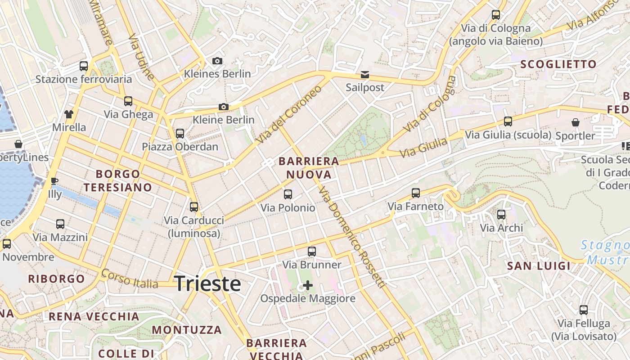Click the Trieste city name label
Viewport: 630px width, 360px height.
[207, 284]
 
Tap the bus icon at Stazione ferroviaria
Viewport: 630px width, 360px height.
[84, 66]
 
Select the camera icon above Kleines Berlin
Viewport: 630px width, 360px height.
[217, 61]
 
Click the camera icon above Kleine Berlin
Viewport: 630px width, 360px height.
[223, 107]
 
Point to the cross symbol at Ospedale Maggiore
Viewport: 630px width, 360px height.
[308, 285]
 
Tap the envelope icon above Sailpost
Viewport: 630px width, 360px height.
[365, 74]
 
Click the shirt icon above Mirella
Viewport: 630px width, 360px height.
[69, 114]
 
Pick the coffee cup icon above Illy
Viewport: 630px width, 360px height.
[54, 181]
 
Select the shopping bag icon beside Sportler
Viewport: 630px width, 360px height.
[575, 122]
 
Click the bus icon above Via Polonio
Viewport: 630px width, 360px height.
[288, 194]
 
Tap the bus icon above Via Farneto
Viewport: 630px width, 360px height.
[416, 193]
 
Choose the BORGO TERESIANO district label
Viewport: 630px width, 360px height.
[118, 180]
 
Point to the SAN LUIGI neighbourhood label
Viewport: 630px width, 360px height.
[539, 266]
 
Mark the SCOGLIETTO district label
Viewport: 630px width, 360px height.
[558, 64]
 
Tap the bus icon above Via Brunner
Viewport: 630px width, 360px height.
[312, 252]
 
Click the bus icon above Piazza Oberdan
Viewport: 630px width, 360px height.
[180, 134]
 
